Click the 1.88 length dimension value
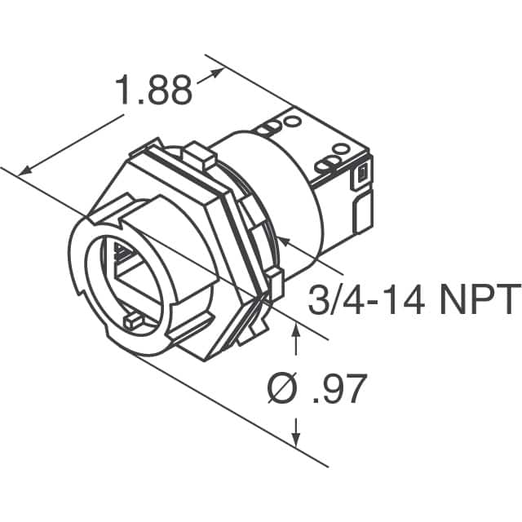[154, 91]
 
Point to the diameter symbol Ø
[280, 390]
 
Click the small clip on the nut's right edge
[275, 282]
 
